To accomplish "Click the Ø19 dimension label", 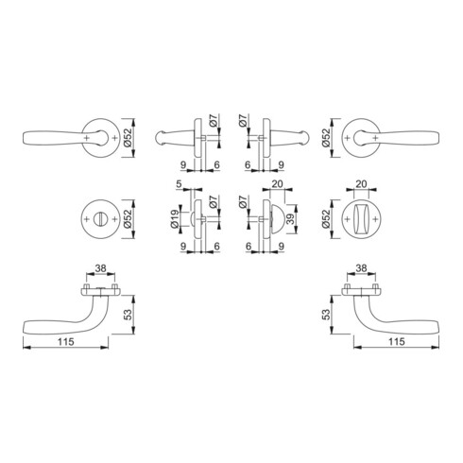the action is [175, 219].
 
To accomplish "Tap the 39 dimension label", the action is [291, 219].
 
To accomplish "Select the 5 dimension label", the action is [179, 183].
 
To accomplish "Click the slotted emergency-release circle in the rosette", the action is [98, 219].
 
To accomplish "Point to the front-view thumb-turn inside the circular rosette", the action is [362, 219].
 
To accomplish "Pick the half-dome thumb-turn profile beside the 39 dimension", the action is [278, 219].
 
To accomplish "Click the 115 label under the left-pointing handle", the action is [66, 342].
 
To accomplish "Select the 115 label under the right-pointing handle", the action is [396, 342].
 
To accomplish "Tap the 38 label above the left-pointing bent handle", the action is [101, 268].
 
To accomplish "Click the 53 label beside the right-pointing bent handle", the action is [327, 314].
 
